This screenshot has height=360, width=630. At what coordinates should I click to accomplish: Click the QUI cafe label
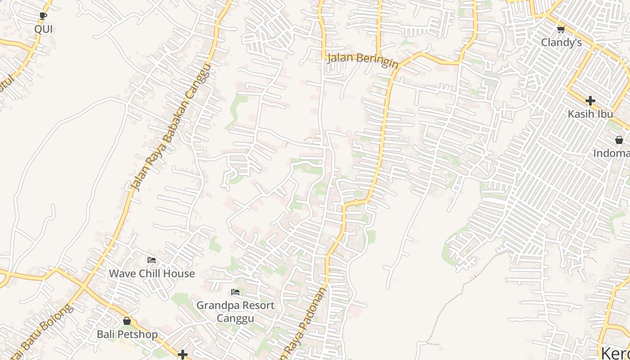[x=44, y=30]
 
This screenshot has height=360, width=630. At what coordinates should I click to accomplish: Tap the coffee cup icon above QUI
[x=43, y=16]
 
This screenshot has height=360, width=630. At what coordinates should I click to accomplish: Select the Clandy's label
[x=561, y=43]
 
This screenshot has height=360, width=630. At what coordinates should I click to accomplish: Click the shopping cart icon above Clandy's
[x=561, y=30]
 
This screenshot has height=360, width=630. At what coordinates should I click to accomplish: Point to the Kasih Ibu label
[x=590, y=114]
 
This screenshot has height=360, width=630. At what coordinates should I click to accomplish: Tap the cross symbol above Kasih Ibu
[x=590, y=101]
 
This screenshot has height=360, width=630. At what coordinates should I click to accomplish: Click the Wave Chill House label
[x=152, y=274]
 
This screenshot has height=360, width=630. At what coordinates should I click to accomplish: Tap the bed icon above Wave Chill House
[x=152, y=260]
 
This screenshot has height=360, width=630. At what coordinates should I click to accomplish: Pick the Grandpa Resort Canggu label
[x=235, y=311]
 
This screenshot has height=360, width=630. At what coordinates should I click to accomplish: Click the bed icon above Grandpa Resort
[x=235, y=292]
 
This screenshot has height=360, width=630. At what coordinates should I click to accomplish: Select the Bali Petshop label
[x=127, y=334]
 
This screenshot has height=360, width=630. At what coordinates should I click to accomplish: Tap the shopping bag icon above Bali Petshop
[x=127, y=321]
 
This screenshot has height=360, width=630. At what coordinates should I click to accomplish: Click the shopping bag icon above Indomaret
[x=619, y=140]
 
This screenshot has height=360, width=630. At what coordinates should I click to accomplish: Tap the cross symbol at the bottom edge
[x=183, y=355]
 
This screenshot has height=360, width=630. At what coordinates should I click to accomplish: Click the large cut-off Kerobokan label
[x=615, y=352]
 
